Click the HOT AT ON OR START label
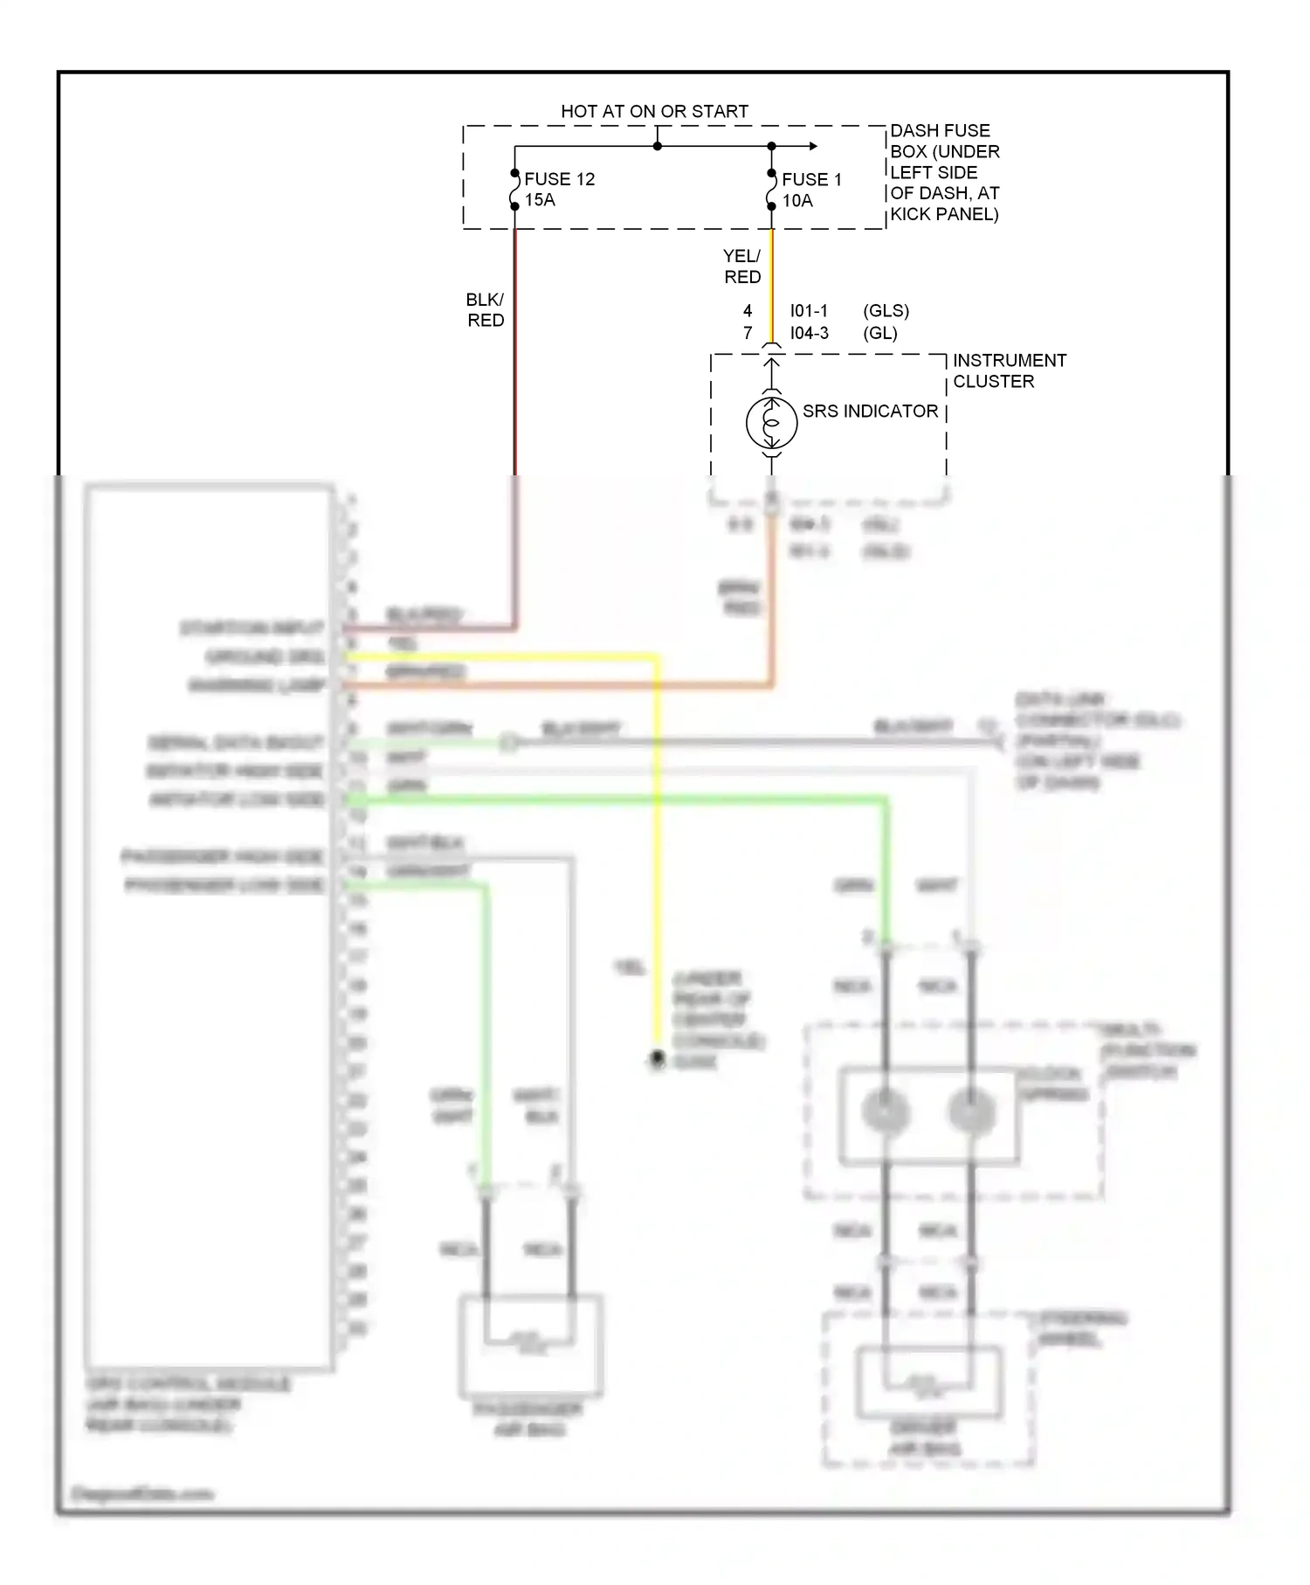pos(654,111)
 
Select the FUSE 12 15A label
pos(559,190)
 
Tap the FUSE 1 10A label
pos(811,190)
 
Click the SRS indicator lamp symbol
pos(771,423)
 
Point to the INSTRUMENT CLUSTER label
pos(1009,370)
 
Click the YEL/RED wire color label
pos(742,266)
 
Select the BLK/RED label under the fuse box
pos(486,310)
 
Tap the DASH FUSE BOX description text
pos(944,172)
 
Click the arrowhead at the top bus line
pos(813,146)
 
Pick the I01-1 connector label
pos(809,311)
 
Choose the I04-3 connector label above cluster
pos(809,333)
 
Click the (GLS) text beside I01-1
pos(886,311)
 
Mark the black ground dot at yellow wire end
pos(657,1059)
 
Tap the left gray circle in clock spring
pos(886,1112)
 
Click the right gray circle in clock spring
pos(971,1112)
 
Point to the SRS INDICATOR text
pos(870,412)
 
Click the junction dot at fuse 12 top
pos(515,172)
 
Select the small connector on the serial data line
pos(509,744)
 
